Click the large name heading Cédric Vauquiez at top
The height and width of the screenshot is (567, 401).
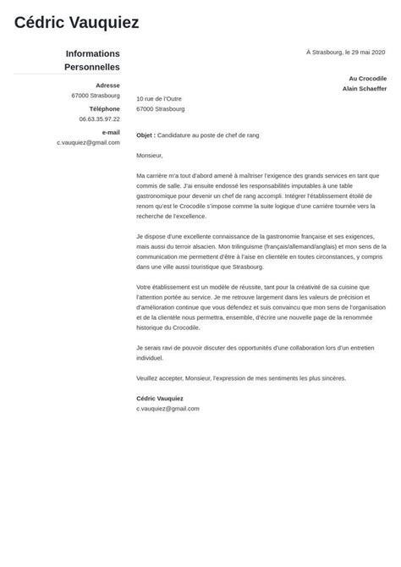pos(76,23)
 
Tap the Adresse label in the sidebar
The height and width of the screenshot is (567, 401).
pos(107,85)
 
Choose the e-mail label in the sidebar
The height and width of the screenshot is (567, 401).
pos(110,132)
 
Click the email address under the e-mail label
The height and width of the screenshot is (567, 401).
pos(88,142)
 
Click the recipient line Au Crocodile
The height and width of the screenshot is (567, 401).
pos(367,78)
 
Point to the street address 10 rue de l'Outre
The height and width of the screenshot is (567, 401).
pos(158,99)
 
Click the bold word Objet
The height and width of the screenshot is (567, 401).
pos(145,135)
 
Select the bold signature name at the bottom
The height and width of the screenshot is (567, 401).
pos(159,398)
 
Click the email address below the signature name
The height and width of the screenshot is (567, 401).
pos(168,408)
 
